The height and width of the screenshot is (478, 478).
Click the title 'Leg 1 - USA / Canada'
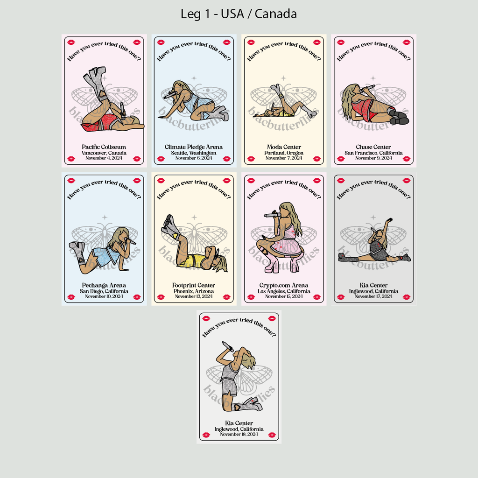[239, 14]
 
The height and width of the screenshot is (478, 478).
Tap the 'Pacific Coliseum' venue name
[104, 147]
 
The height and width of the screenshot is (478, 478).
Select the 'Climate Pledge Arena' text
[194, 147]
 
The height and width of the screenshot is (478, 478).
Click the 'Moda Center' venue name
[284, 147]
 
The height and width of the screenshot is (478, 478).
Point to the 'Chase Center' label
[373, 147]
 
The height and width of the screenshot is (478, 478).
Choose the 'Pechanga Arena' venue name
[104, 285]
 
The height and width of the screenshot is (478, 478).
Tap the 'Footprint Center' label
[194, 285]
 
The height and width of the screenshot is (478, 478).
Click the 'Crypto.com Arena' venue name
[284, 285]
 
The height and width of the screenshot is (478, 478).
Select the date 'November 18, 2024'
[239, 435]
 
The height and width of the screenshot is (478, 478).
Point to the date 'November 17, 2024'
[373, 296]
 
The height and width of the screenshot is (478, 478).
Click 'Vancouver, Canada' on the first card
[104, 153]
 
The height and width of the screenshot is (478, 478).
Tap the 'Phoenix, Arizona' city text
[194, 291]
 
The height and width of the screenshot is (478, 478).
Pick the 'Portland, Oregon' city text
[284, 153]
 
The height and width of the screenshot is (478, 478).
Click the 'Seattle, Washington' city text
[194, 153]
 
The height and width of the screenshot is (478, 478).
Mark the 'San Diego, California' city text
[104, 291]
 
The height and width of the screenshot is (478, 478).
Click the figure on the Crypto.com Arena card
[281, 238]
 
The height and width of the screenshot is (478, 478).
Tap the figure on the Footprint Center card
[194, 245]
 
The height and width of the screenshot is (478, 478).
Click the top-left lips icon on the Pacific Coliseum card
[71, 42]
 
